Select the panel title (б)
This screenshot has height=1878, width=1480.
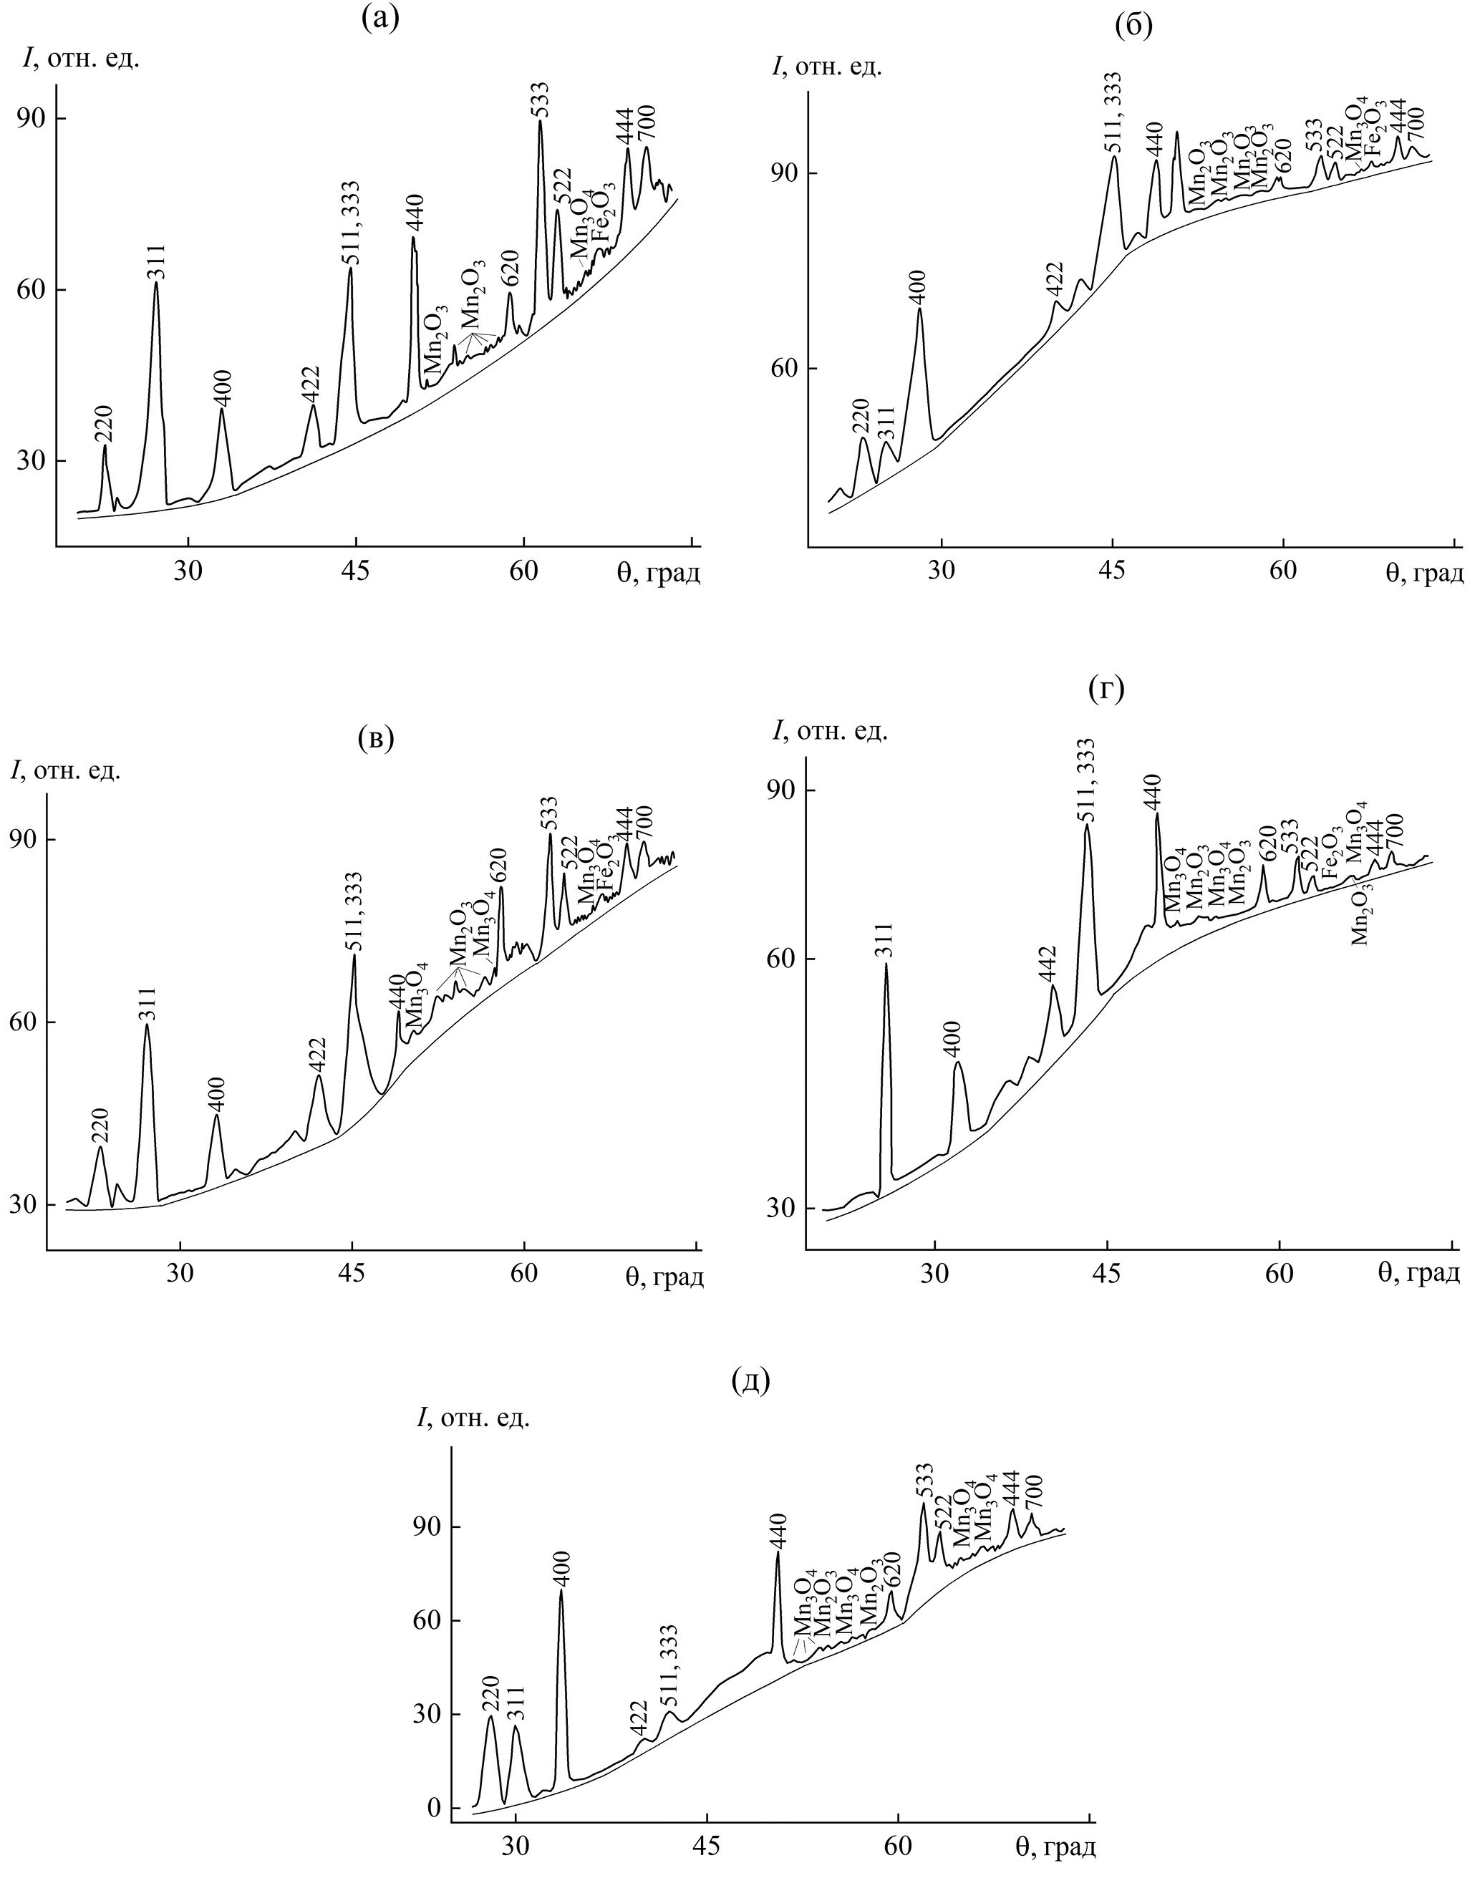[x=1133, y=27]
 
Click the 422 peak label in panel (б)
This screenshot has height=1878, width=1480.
[x=1056, y=280]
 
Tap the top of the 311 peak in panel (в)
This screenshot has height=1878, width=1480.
[x=147, y=1025]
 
